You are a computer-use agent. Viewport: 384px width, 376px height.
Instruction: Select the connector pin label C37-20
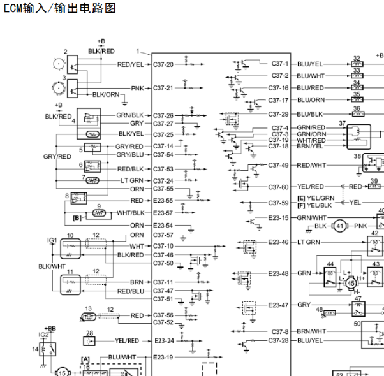point(163,64)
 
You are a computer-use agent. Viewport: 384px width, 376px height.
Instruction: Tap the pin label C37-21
point(163,88)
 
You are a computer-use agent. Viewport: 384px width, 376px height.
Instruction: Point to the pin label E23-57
point(163,213)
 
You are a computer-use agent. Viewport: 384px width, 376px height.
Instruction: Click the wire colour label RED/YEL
point(131,64)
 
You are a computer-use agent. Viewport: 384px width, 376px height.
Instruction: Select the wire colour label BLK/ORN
point(106,94)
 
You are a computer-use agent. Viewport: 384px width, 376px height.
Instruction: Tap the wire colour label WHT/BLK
point(131,213)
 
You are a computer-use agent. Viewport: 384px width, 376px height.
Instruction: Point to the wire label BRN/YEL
point(311,146)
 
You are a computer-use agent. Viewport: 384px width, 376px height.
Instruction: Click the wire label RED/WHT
point(311,165)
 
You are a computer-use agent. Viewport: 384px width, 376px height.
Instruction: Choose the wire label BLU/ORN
point(311,100)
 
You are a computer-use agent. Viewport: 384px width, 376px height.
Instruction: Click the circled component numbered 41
point(340,226)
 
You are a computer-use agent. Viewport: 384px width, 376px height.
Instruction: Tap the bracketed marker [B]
point(77,218)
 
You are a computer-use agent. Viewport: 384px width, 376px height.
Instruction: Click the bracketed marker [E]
point(301,198)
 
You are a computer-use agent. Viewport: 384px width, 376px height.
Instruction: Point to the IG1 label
point(52,240)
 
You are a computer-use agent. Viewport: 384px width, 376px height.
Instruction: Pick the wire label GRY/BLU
point(129,154)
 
